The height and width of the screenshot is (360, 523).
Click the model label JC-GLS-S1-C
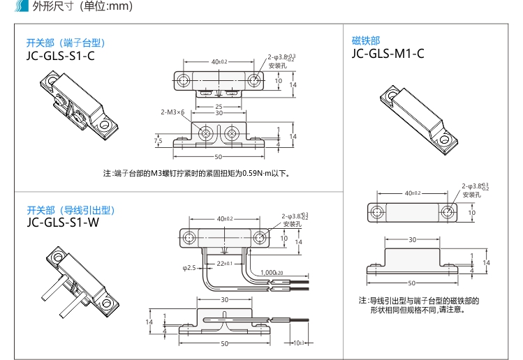tap(60, 56)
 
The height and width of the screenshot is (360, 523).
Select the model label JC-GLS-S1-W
tap(61, 223)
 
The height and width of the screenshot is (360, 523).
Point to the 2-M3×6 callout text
tap(172, 112)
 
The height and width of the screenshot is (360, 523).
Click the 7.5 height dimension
tap(159, 141)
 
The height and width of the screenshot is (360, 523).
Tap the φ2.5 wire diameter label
tap(189, 267)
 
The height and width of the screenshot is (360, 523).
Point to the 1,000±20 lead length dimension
tap(272, 272)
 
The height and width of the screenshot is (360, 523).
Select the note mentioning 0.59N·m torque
tap(196, 173)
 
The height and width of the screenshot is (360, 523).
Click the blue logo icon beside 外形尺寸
tap(26, 8)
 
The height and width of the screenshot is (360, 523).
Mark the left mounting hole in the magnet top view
tap(376, 211)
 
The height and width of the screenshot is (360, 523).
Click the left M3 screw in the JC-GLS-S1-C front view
tap(207, 132)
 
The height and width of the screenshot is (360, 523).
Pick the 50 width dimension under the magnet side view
tap(412, 283)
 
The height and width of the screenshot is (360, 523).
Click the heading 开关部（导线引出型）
tap(71, 210)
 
